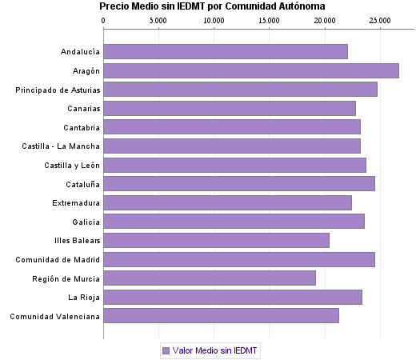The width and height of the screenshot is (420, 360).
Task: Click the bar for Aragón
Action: click(251, 70)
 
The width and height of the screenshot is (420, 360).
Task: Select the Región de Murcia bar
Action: click(210, 278)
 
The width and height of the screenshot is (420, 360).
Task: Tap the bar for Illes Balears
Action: click(216, 240)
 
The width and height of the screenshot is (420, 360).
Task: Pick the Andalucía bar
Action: click(226, 52)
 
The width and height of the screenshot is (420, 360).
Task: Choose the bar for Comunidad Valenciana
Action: click(221, 316)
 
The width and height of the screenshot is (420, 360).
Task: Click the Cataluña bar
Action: click(239, 184)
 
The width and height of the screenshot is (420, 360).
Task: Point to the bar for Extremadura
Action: click(228, 202)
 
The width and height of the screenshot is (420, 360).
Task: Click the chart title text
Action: click(212, 6)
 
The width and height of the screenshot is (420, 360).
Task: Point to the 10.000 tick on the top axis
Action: click(214, 22)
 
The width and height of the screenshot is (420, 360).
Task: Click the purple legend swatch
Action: click(166, 350)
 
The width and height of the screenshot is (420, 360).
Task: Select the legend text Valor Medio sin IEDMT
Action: click(214, 350)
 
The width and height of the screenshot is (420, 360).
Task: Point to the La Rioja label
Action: click(84, 298)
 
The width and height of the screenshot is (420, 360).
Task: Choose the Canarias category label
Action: click(82, 108)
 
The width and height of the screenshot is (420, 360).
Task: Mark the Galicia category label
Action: click(86, 222)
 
